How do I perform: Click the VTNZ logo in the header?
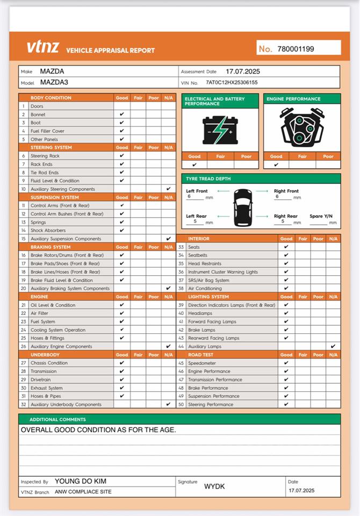pyautogui.click(x=43, y=47)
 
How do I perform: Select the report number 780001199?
pyautogui.click(x=296, y=49)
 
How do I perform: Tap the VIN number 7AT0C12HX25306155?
pyautogui.click(x=232, y=83)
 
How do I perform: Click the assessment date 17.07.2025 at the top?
pyautogui.click(x=243, y=71)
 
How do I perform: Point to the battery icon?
pyautogui.click(x=220, y=130)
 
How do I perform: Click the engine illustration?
pyautogui.click(x=302, y=128)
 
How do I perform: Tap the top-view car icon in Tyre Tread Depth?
pyautogui.click(x=242, y=206)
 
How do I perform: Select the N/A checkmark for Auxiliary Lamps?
pyautogui.click(x=333, y=346)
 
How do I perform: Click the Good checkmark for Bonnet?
pyautogui.click(x=122, y=114)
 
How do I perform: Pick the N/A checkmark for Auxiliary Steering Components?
pyautogui.click(x=169, y=189)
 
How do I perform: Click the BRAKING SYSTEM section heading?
pyautogui.click(x=51, y=247)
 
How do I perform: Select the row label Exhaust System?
pyautogui.click(x=47, y=388)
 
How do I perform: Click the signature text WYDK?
pyautogui.click(x=214, y=486)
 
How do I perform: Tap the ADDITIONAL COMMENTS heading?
pyautogui.click(x=57, y=419)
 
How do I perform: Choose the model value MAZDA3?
pyautogui.click(x=54, y=83)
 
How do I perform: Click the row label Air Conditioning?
pyautogui.click(x=205, y=288)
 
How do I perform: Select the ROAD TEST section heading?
pyautogui.click(x=201, y=355)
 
